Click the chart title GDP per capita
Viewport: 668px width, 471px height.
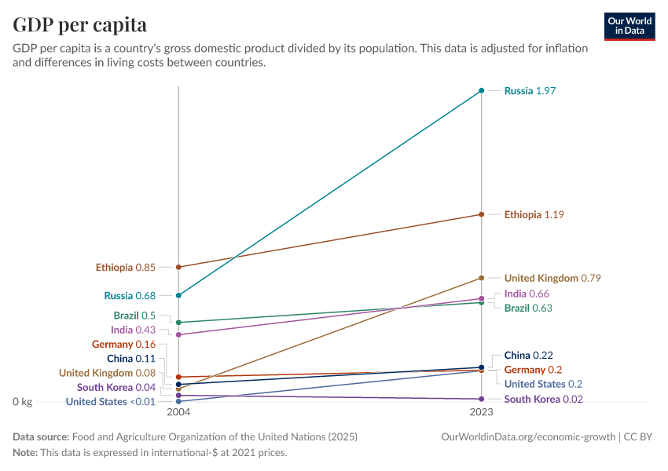coord(80,25)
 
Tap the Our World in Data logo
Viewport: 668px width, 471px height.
coord(629,26)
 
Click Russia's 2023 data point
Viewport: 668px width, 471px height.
coord(482,91)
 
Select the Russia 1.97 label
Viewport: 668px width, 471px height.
coord(530,91)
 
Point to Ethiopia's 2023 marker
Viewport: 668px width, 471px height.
coord(482,214)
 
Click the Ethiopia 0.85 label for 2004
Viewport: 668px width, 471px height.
coord(126,267)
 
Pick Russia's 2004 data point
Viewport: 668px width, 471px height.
coord(179,295)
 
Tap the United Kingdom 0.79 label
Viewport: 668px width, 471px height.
coord(552,278)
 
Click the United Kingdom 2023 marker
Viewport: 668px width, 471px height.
coord(482,278)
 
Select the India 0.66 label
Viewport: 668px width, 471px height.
coord(527,294)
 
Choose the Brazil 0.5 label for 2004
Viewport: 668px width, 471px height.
coord(134,316)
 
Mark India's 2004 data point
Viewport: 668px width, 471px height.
coord(179,335)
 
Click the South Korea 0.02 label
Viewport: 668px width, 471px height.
coord(543,399)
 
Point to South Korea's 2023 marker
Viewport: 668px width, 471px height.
coord(482,399)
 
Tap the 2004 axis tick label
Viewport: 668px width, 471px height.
coord(179,412)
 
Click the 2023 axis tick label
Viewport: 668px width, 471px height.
coord(482,412)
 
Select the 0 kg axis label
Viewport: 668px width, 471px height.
coord(22,402)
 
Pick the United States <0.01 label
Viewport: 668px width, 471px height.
coord(111,402)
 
